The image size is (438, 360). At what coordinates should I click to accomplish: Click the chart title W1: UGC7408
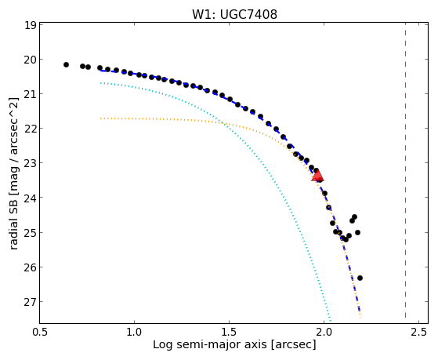pyautogui.click(x=234, y=15)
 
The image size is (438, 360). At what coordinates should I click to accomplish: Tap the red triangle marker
pyautogui.click(x=317, y=176)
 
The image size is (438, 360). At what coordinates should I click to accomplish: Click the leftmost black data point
pyautogui.click(x=66, y=64)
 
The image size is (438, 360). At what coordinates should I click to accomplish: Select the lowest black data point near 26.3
pyautogui.click(x=360, y=278)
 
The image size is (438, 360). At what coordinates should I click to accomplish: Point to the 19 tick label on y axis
pyautogui.click(x=30, y=25)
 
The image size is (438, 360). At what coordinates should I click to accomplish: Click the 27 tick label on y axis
pyautogui.click(x=30, y=301)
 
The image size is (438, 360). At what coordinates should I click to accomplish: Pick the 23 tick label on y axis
pyautogui.click(x=30, y=163)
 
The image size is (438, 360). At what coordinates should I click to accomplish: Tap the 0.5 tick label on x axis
pyautogui.click(x=40, y=332)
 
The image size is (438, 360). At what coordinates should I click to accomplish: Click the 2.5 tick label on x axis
pyautogui.click(x=419, y=332)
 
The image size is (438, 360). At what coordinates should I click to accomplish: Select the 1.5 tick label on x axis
pyautogui.click(x=230, y=332)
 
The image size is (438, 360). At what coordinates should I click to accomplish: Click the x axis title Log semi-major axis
pyautogui.click(x=209, y=344)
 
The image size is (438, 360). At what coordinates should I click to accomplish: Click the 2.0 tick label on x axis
pyautogui.click(x=324, y=332)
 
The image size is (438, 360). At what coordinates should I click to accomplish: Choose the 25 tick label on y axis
pyautogui.click(x=30, y=232)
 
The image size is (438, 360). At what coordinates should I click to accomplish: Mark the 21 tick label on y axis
pyautogui.click(x=30, y=93)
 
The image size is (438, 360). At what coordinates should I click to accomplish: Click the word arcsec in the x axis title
pyautogui.click(x=293, y=345)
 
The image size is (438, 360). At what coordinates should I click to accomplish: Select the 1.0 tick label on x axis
pyautogui.click(x=134, y=332)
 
